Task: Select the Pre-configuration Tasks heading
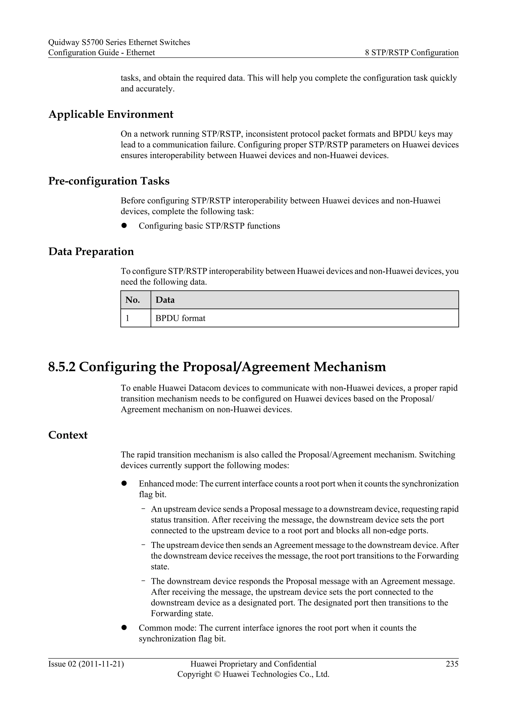[x=109, y=181]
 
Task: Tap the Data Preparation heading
[x=91, y=252]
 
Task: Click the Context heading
[x=68, y=435]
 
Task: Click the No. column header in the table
[x=132, y=300]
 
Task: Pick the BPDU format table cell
[x=180, y=318]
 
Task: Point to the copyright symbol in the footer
[x=217, y=674]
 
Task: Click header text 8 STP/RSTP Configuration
[x=411, y=53]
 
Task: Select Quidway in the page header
[x=63, y=43]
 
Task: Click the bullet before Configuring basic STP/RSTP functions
[x=124, y=226]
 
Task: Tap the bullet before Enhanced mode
[x=124, y=483]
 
